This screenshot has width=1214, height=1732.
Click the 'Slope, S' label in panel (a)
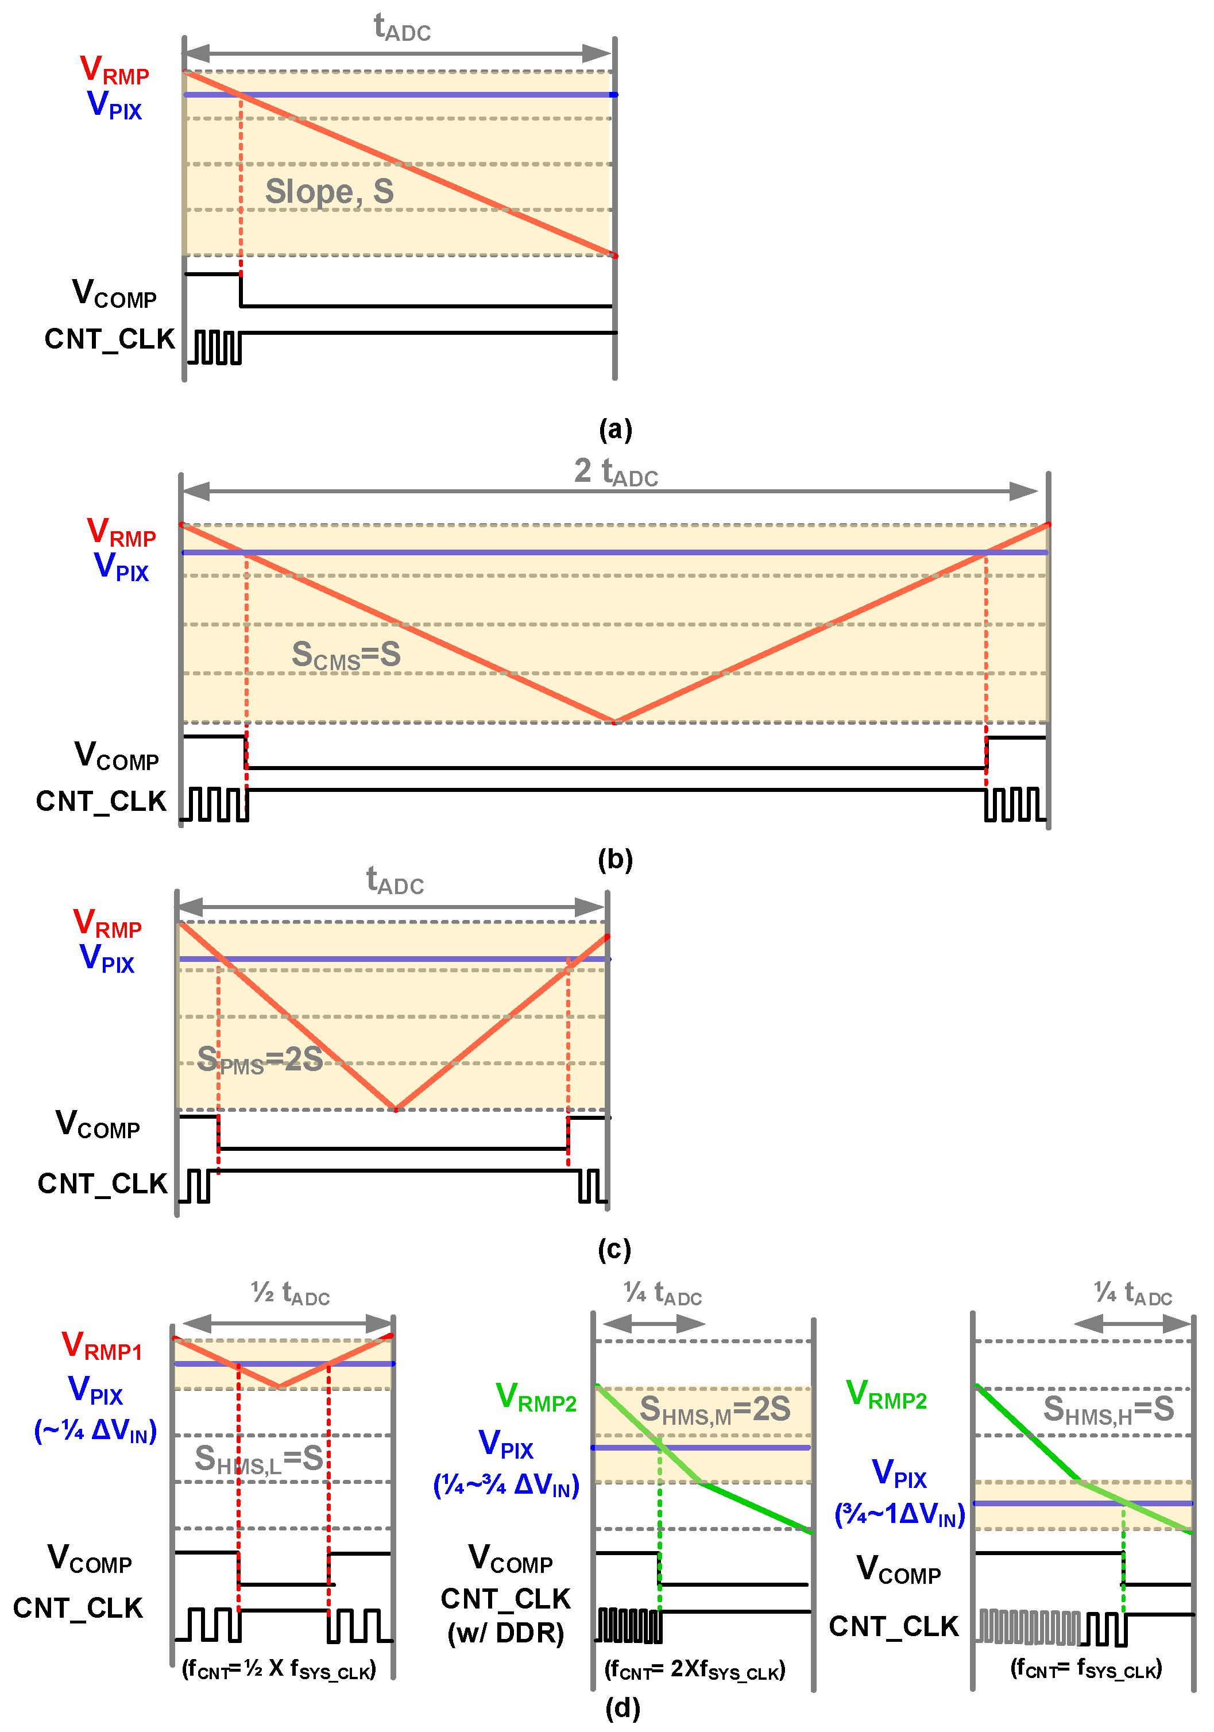tap(329, 192)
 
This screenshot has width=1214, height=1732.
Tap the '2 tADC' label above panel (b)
tap(616, 472)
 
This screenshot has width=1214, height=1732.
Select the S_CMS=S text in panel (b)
tap(346, 655)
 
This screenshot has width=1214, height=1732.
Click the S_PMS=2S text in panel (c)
tap(260, 1060)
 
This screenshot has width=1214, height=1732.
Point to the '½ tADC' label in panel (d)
tap(291, 1293)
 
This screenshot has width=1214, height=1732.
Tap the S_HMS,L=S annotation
tap(259, 1459)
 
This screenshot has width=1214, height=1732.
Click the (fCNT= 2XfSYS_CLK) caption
tap(695, 1670)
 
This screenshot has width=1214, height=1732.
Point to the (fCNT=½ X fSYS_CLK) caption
tap(279, 1669)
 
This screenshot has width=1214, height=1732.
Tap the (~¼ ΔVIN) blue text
tap(95, 1431)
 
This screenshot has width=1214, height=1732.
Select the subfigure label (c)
tap(614, 1249)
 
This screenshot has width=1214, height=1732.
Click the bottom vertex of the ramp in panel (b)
tap(615, 722)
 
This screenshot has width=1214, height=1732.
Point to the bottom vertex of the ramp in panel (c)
tap(395, 1109)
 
